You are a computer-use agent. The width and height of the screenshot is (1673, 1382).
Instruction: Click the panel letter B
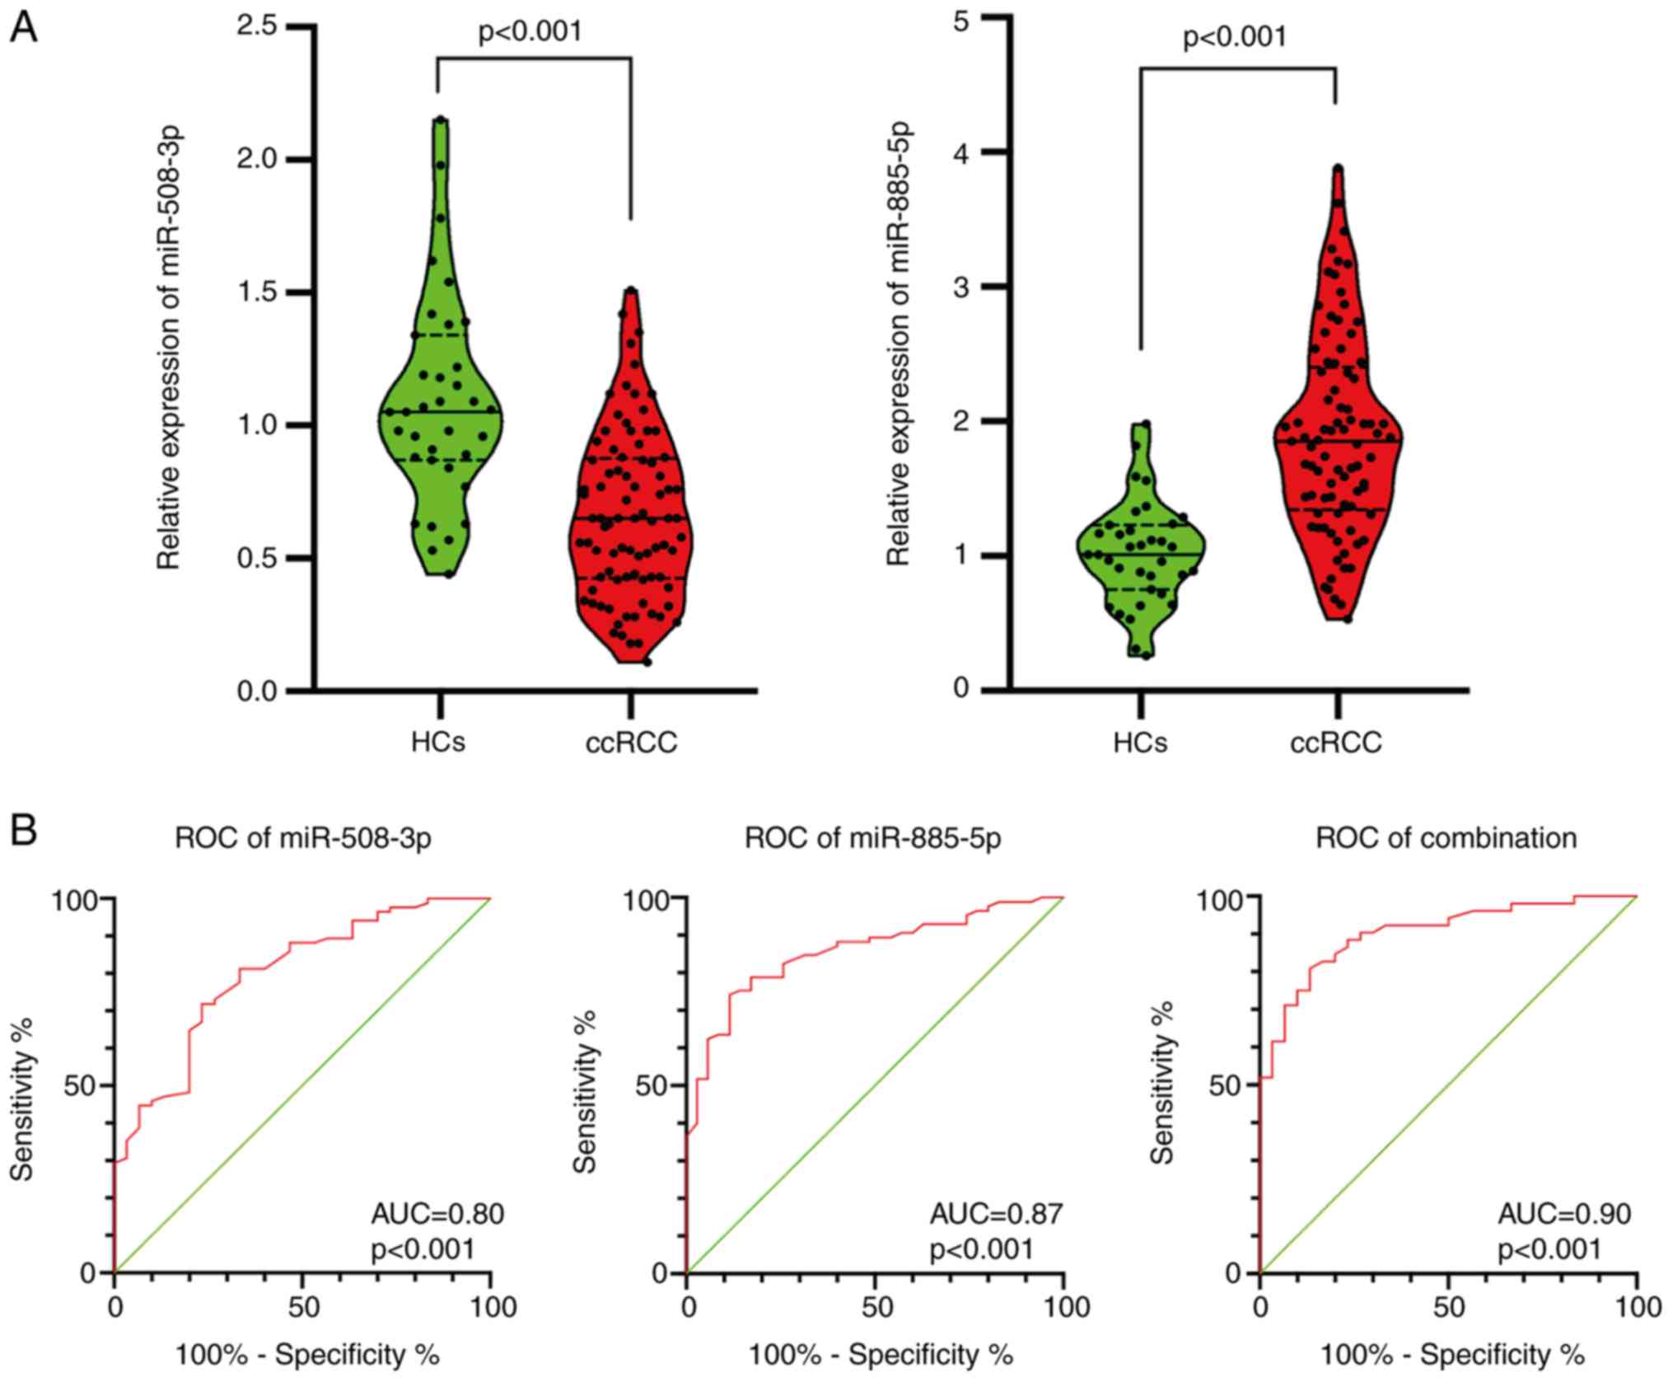(23, 831)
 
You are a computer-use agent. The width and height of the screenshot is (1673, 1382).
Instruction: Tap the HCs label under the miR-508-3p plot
(438, 743)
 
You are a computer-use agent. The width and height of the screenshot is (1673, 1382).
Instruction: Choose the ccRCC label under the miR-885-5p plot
(1335, 743)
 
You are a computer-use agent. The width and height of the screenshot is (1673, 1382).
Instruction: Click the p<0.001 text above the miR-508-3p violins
(530, 31)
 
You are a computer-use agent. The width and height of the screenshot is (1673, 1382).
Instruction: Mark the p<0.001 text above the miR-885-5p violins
(1234, 37)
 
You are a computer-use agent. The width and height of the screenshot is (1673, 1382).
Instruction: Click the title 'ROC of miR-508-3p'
(303, 838)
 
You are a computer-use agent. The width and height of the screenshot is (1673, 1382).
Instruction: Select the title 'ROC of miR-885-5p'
(873, 838)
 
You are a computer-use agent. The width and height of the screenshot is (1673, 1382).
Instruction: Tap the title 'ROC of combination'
(1446, 838)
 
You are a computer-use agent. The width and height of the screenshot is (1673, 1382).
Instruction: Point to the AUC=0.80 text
(437, 1213)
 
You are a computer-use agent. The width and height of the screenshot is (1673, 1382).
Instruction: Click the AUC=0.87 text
(996, 1213)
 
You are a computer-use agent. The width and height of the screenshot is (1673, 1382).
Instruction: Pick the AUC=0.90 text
(1563, 1213)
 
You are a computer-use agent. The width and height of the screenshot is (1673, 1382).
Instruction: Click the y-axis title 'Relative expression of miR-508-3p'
(169, 349)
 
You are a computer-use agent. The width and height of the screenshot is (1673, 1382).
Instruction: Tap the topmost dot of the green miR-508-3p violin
(441, 120)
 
